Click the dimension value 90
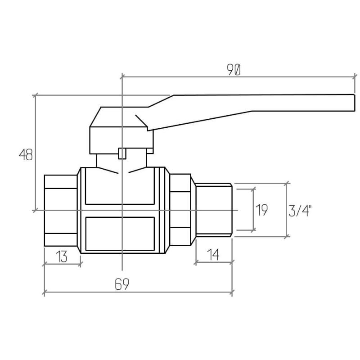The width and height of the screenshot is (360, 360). coord(234,70)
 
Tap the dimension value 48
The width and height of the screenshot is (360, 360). coord(26,155)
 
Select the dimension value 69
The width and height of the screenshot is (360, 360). coord(122,284)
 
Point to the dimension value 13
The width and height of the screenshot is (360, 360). coord(62,256)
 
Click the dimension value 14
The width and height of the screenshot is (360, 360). coord(213,255)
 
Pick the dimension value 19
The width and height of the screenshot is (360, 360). coord(262,210)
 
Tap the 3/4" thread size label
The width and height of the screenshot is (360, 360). coord(300,211)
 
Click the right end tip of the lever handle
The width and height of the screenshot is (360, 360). coord(355,103)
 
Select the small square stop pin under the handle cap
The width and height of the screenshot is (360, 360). coord(122,153)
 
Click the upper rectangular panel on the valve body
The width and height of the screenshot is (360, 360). coord(120,186)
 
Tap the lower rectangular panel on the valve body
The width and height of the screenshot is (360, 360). coord(120,234)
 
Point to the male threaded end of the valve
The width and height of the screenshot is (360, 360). coord(214,210)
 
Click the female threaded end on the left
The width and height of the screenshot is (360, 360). coord(61,210)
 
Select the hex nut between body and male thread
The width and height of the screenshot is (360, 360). coord(180,209)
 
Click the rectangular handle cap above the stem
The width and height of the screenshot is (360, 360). coord(121,140)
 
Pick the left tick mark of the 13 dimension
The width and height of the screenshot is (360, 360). coord(44,264)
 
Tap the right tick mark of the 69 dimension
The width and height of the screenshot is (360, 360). coord(232,292)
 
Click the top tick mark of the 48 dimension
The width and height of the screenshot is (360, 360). coord(35,95)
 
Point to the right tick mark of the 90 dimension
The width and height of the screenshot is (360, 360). coord(355,76)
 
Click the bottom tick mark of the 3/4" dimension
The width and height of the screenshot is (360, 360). coord(287,237)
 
